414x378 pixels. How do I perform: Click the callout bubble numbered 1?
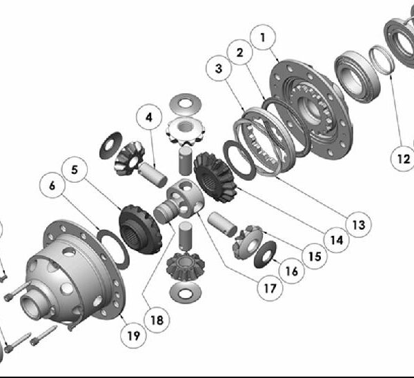(262, 37)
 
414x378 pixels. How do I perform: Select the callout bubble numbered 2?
(239, 52)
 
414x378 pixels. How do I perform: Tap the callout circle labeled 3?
(219, 68)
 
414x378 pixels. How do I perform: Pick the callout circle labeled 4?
(149, 117)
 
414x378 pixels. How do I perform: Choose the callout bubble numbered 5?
(75, 170)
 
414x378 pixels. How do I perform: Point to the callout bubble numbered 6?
(52, 186)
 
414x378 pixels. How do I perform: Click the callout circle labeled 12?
(403, 159)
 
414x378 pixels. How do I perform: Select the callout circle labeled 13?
(358, 225)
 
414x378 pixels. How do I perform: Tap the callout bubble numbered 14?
(337, 240)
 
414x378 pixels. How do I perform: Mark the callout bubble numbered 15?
(315, 256)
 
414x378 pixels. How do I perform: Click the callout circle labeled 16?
(292, 271)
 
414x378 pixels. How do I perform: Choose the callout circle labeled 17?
(270, 288)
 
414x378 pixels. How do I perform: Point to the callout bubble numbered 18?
(157, 320)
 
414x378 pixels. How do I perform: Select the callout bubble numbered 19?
(134, 335)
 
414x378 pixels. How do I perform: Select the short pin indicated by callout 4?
(153, 175)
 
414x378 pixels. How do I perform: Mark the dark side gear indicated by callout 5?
(139, 228)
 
